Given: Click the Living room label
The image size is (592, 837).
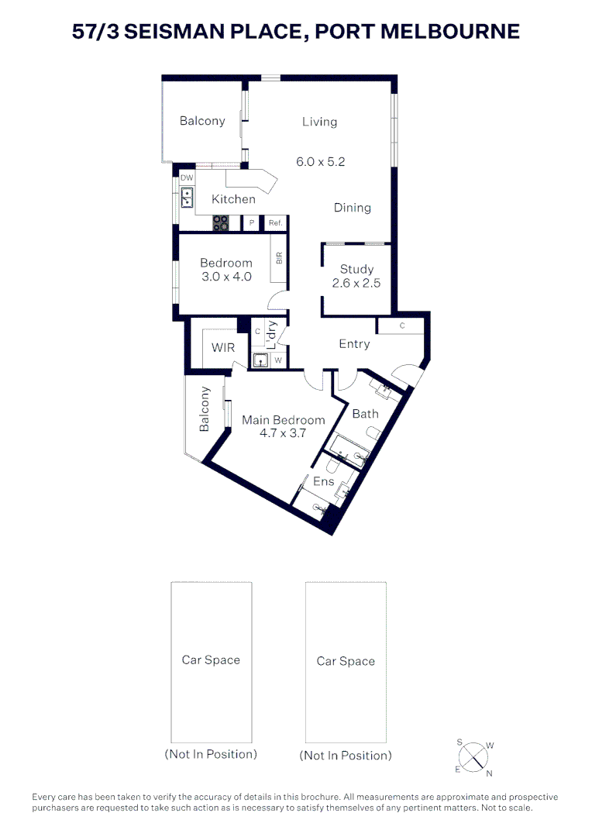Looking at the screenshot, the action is (319, 122).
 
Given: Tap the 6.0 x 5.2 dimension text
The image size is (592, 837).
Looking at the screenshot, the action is (320, 162).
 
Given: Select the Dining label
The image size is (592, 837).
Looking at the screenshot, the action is (353, 208).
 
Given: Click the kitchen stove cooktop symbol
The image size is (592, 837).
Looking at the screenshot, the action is (221, 222).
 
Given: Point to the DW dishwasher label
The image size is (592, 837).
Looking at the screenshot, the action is (187, 177).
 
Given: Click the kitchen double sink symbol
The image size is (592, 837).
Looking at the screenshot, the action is (187, 198).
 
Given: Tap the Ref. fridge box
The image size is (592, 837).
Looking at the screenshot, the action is (275, 222).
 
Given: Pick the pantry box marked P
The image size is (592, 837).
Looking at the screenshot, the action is (251, 222).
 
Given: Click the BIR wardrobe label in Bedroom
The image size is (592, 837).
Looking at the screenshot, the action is (279, 258).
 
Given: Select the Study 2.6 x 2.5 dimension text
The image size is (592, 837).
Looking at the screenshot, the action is (356, 284).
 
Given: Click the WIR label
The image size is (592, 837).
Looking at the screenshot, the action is (223, 347).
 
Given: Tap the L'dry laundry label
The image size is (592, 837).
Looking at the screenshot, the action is (271, 335).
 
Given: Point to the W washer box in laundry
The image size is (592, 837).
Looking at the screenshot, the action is (278, 360).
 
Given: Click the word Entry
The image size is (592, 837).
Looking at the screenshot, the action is (354, 344).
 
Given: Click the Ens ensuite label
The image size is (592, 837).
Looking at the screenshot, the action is (323, 481).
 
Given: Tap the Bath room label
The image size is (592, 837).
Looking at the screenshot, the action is (366, 414).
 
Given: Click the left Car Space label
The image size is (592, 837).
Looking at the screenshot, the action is (211, 660).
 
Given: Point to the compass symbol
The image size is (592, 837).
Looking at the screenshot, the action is (473, 758).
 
